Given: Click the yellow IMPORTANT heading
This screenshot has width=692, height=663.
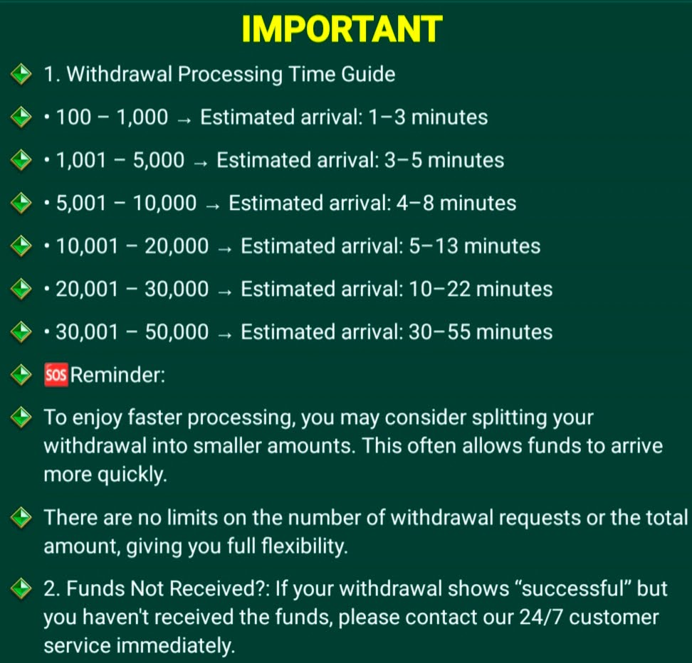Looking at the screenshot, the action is pos(342,29).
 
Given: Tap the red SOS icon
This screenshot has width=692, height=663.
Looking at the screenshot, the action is pos(56,375).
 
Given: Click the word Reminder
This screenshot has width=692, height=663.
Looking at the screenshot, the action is pos(117,375).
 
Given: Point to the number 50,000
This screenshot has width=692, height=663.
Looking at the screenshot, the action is pos(177,332).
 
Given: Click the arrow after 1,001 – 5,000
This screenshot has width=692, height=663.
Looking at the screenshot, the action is pos(200,163).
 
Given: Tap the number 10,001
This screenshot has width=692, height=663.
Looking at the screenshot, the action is pos(87,246).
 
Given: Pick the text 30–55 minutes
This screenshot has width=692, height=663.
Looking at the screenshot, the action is pos(480,332).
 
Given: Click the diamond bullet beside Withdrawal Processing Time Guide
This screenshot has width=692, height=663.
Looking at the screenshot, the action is pos(21,74).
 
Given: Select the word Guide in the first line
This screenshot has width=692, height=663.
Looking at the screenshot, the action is pos(368,74).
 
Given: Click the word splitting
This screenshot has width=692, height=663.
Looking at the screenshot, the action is pos(509,418).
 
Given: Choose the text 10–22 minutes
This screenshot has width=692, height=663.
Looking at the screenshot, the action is pos(480,290).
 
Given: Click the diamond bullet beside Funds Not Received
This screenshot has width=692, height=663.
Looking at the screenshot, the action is pos(21,588).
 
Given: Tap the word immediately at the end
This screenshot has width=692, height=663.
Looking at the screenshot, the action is pos(176,646).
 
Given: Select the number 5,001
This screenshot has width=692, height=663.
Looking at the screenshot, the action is pos(81,203).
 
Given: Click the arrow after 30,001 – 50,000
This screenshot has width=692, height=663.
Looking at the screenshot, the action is pos(225,335).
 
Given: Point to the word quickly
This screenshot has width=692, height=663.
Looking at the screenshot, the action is pos(132,474).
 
